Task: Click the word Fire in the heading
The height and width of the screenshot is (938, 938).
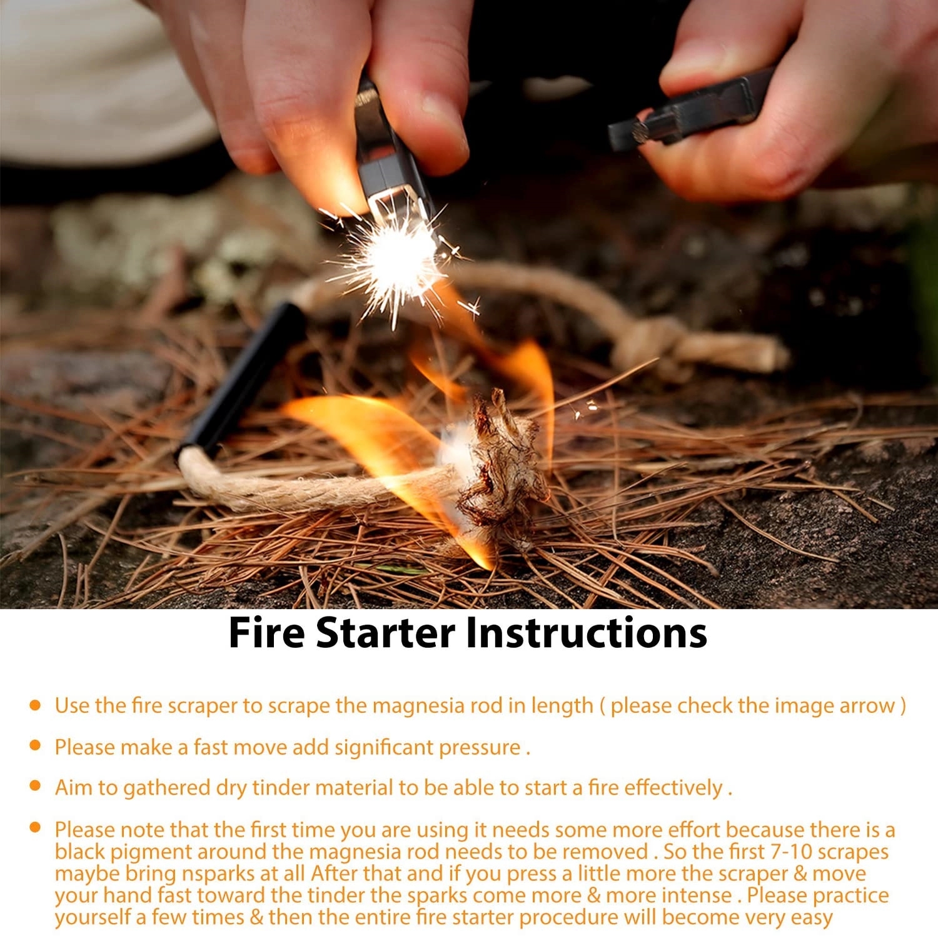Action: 266,632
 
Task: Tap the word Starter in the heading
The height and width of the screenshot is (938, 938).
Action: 385,632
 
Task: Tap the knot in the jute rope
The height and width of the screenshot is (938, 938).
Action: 650,344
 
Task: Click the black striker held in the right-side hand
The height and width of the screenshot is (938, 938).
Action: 685,113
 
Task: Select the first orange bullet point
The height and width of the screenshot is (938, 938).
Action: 36,705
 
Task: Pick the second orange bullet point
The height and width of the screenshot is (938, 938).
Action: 36,745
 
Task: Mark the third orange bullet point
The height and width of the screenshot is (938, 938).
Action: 36,785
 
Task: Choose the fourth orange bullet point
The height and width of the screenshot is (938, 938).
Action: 36,828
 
